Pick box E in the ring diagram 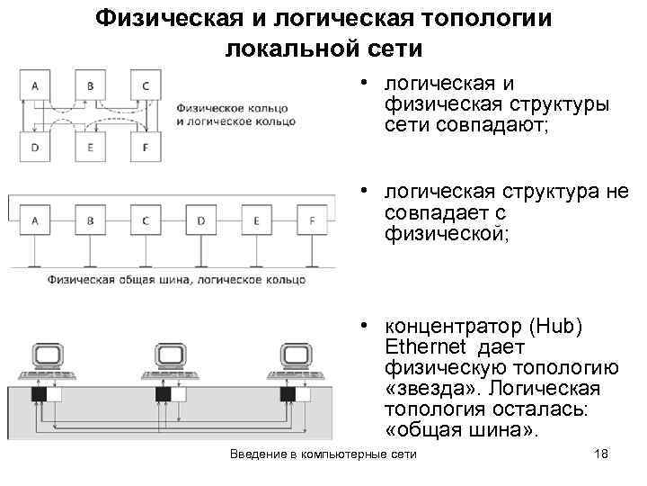tap(90, 145)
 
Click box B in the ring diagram tap(90, 86)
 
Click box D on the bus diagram tap(200, 220)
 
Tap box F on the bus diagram tap(312, 220)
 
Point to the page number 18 tap(601, 454)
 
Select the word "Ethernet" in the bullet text tap(421, 347)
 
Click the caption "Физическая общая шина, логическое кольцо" tap(176, 280)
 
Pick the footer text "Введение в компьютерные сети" tap(323, 454)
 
